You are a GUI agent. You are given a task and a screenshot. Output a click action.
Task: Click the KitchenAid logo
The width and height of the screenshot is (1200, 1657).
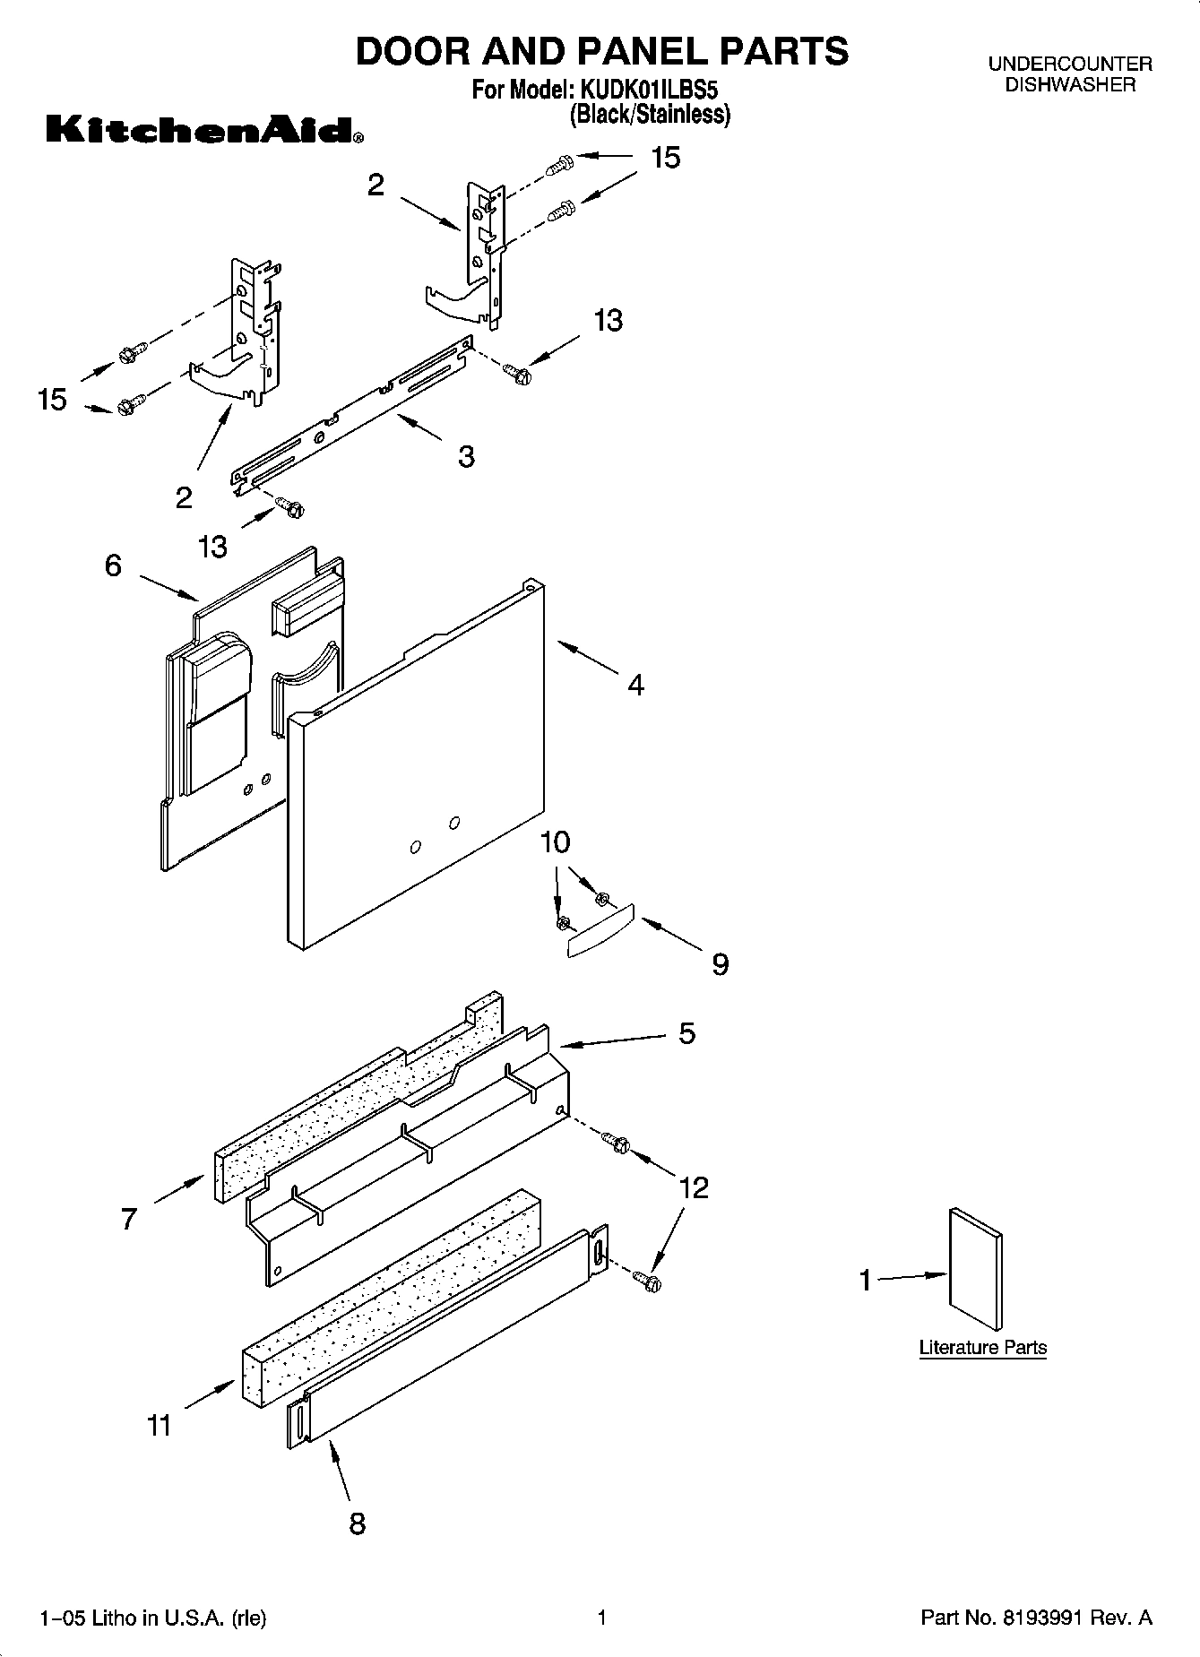pos(204,131)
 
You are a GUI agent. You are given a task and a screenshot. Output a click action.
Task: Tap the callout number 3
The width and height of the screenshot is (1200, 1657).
pos(466,456)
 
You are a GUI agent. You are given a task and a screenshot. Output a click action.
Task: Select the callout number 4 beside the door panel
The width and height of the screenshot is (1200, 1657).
pos(635,685)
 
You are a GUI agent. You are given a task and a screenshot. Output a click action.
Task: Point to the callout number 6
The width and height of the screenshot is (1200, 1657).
pos(113,565)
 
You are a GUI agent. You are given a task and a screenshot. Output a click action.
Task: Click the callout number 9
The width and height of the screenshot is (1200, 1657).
pos(720,964)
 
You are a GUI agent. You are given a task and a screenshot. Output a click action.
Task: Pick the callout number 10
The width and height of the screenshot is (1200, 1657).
pos(556,842)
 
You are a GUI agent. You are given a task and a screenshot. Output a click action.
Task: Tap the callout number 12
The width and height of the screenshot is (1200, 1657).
pos(694,1187)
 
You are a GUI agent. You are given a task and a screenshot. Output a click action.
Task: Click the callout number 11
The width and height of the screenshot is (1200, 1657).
pos(159,1425)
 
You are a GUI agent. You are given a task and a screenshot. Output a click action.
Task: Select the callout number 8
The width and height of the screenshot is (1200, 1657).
pos(357,1523)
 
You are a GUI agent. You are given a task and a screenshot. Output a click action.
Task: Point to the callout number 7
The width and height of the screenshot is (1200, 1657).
pos(129,1219)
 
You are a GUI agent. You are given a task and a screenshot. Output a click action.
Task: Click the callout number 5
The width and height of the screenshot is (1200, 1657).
pos(686,1033)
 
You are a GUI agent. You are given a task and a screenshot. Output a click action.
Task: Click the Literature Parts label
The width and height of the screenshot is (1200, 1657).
pos(982,1347)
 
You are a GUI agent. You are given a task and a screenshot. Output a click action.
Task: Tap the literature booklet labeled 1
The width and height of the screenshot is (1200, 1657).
pos(975,1269)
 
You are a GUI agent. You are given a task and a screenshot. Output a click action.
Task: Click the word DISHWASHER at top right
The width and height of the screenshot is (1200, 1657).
pos(1070,85)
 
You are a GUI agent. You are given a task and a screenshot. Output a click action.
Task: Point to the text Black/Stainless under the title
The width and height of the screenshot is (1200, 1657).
pos(651,115)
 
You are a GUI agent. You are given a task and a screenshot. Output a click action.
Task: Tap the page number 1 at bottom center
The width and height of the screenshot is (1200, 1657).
pos(602,1618)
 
